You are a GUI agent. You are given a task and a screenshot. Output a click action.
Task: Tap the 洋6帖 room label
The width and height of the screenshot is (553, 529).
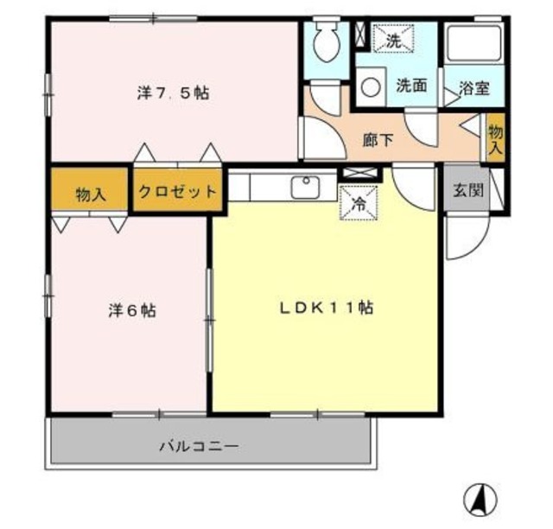tap(132, 310)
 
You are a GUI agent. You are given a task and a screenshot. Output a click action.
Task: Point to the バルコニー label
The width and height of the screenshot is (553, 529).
tap(199, 447)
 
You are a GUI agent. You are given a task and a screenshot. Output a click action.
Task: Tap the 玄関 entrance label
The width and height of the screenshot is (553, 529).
tap(467, 191)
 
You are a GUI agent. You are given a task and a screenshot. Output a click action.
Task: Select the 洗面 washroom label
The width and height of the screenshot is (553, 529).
tap(412, 86)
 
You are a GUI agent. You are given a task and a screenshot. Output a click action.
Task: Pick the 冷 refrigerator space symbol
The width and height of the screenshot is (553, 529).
tap(358, 204)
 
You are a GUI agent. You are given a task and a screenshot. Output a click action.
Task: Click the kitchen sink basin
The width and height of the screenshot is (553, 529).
tap(305, 187)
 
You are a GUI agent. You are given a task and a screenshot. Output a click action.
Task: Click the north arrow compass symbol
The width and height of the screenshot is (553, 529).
tap(481, 499)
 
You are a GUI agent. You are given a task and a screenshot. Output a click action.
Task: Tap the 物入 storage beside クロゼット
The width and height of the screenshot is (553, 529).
tap(91, 192)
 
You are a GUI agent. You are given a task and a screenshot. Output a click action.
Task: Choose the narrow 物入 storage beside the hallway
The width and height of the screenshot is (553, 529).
tap(495, 137)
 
